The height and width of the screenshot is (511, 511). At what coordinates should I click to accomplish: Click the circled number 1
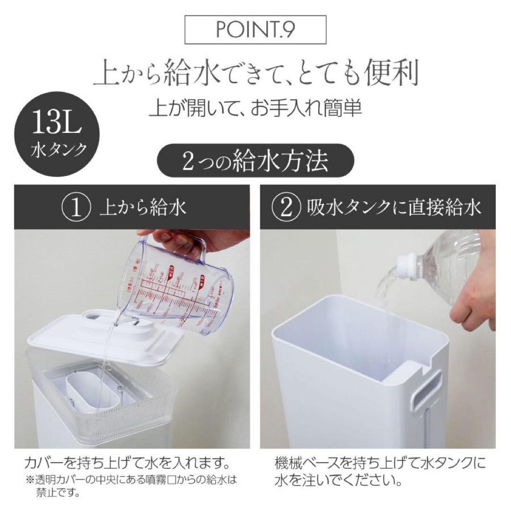77,207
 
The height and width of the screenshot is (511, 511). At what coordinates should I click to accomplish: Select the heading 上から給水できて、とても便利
255,73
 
